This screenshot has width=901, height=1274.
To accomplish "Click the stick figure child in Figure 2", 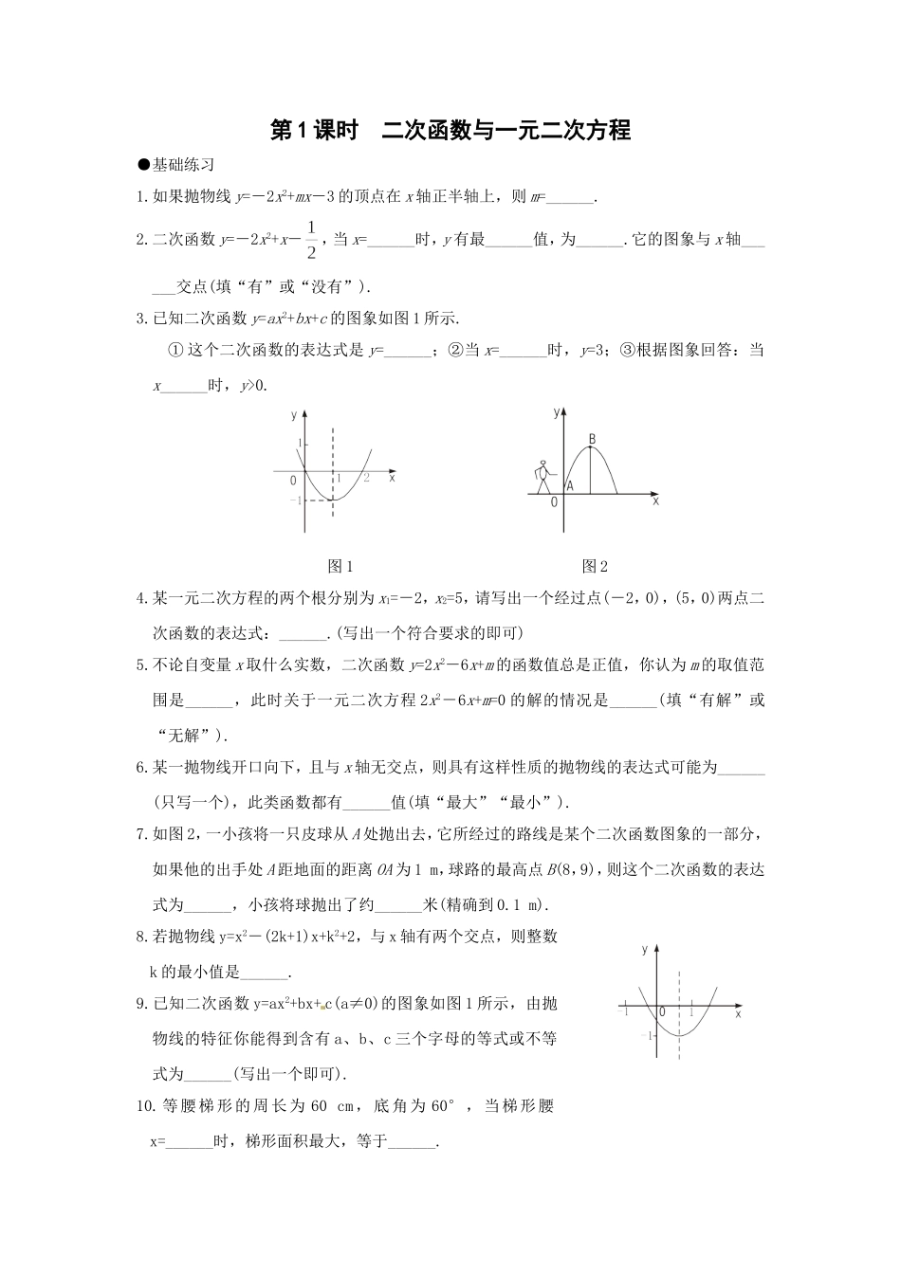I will click(542, 477).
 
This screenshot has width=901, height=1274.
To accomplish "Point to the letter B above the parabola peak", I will click(592, 439).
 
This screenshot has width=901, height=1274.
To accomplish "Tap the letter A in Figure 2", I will click(569, 485).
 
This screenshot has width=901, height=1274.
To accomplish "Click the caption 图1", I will click(340, 566).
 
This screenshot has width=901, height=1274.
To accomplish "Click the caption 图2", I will click(595, 566).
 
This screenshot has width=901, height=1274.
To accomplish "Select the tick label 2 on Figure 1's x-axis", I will click(366, 480).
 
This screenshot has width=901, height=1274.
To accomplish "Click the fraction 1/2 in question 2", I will click(310, 240).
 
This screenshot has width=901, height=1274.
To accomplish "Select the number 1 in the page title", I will click(303, 131).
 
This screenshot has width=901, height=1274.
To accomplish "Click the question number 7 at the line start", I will click(140, 834).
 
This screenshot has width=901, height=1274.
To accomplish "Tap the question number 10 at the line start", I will click(145, 1105).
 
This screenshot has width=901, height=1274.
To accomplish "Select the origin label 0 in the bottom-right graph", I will click(662, 1012).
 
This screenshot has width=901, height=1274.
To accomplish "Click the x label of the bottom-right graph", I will click(738, 1014).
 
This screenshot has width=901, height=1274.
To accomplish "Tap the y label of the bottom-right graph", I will click(644, 949).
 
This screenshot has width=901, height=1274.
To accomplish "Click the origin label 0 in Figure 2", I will click(554, 502).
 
